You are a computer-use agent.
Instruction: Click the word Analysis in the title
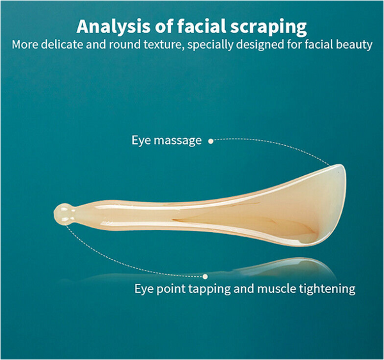pos(113,26)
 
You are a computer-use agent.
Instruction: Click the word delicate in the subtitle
pos(61,45)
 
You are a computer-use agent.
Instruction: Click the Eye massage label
pos(166,141)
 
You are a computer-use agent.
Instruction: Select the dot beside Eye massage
pos(211,141)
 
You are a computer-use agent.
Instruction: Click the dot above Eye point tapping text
pos(205,276)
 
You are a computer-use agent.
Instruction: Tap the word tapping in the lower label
pos(210,289)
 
